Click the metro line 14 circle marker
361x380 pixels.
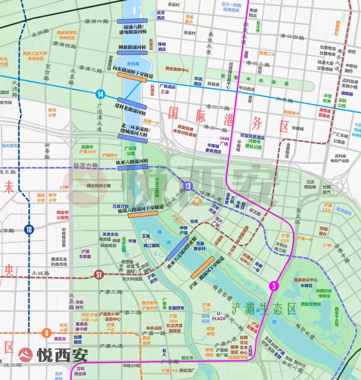pyautogui.click(x=100, y=94)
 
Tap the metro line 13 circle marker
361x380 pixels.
pyautogui.click(x=188, y=186)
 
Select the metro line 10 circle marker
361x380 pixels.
pyautogui.click(x=29, y=230)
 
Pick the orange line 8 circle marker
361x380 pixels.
pyautogui.click(x=46, y=333)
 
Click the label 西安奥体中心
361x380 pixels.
pyautogui.click(x=177, y=70)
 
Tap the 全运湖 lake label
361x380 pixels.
pyautogui.click(x=133, y=64)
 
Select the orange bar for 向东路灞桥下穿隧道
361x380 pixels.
pyautogui.click(x=132, y=77)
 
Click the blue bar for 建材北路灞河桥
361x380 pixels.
pyautogui.click(x=132, y=104)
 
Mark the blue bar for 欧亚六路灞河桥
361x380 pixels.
pyautogui.click(x=132, y=167)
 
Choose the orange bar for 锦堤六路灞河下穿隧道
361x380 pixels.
pyautogui.click(x=143, y=214)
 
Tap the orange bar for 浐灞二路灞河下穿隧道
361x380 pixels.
pyautogui.click(x=203, y=268)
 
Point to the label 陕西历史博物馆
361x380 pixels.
pyautogui.click(x=323, y=293)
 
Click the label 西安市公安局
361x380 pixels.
pyautogui.click(x=63, y=215)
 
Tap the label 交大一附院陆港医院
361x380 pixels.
pyautogui.click(x=231, y=8)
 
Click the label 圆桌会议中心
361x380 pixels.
pyautogui.click(x=306, y=280)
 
